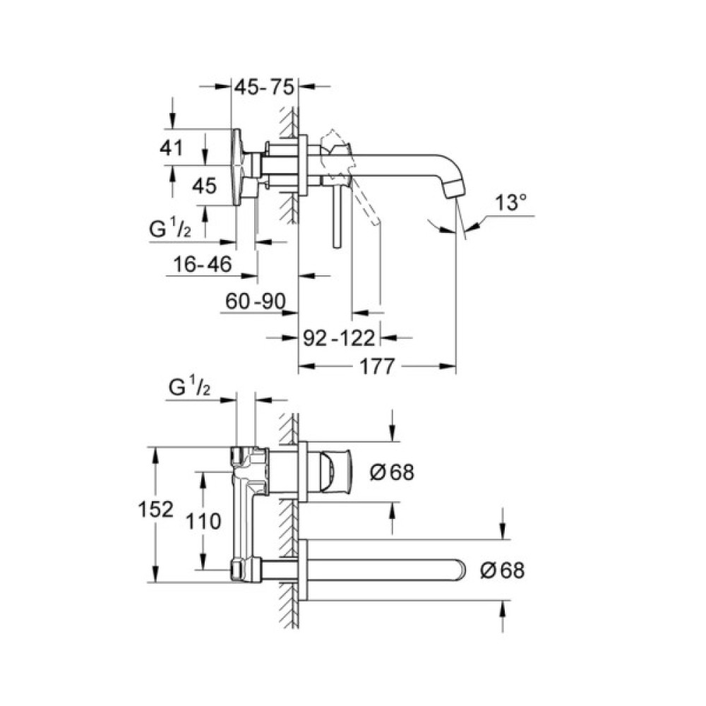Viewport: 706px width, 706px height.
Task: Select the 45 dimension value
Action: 204,186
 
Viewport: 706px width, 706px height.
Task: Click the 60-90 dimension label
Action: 255,301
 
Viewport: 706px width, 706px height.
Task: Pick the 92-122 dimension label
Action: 340,338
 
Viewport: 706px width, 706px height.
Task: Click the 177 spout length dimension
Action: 378,366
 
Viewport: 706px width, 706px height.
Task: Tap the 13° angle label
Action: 510,203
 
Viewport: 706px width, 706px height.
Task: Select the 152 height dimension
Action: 156,510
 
